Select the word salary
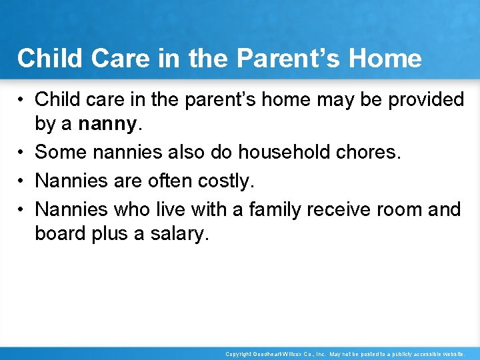pos(176,234)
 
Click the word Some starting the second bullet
pos(62,152)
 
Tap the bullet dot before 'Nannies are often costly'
pos(22,181)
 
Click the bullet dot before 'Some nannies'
pos(22,153)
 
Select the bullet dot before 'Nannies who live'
pos(22,210)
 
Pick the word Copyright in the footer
pos(239,355)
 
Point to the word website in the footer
pos(449,355)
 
